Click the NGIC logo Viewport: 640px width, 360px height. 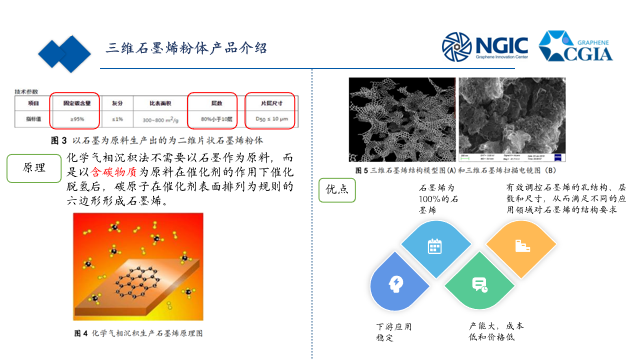coord(478,46)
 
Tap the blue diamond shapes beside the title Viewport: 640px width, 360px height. coord(64,51)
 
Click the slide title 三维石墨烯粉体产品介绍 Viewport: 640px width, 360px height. coord(187,48)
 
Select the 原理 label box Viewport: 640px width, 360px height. coord(31,168)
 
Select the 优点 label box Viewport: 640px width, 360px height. coord(337,189)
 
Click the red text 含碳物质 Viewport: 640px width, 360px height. coord(113,173)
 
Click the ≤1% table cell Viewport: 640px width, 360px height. coord(118,119)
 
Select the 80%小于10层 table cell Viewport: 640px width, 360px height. coord(212,119)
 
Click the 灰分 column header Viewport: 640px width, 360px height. coord(118,102)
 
